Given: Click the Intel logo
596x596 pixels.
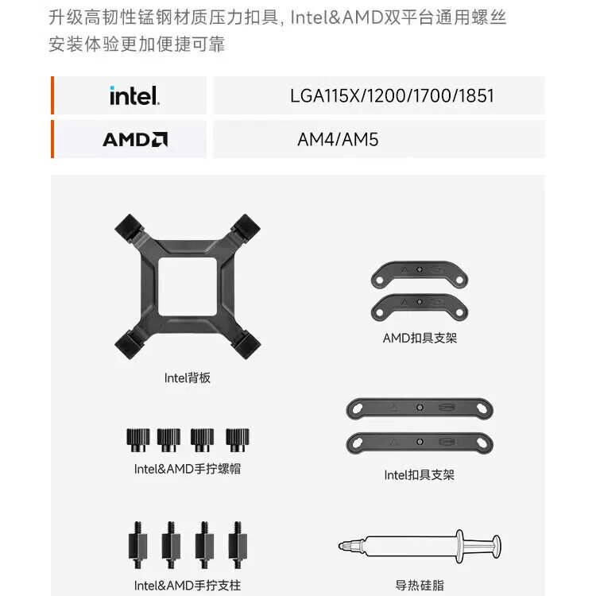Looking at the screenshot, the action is coord(134,95).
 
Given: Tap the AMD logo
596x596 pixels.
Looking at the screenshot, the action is coord(135,140).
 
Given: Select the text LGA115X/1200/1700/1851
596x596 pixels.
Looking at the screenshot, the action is coord(392,96).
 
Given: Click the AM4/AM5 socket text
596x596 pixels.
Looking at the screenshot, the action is coord(338,140).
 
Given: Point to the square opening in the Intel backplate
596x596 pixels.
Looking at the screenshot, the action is coord(188,287).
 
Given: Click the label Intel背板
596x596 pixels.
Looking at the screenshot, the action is coord(187,377).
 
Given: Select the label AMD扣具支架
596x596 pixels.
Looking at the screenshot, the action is coord(420,338).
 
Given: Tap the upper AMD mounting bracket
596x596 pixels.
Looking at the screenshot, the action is coord(420,273).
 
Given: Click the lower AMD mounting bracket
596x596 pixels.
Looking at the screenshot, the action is coord(420,307).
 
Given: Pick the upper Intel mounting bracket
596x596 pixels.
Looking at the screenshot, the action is coord(420,408).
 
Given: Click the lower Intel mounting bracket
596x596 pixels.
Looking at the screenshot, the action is coord(420,443).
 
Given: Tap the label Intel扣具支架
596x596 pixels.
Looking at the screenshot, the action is coord(420,474).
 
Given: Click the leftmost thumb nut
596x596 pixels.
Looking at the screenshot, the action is coord(138,439).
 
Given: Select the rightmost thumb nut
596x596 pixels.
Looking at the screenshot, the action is coord(238,439).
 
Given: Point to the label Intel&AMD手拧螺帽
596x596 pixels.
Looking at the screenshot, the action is coord(188,469).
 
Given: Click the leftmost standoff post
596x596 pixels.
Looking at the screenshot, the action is coord(137,545).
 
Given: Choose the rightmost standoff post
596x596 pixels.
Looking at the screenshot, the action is coord(238,545).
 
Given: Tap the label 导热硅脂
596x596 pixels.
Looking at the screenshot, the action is coord(420,586).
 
